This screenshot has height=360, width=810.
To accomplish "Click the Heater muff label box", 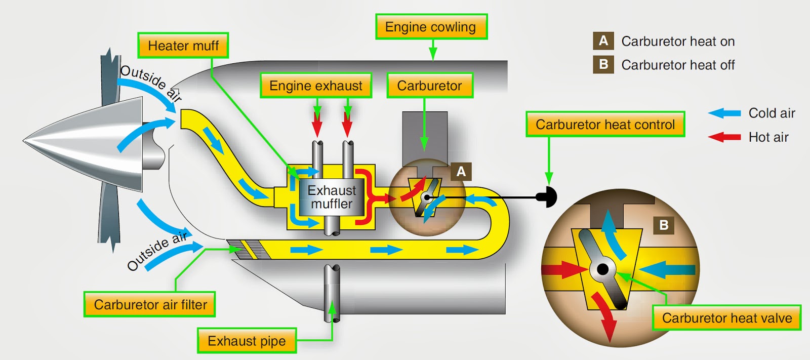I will click(183, 46).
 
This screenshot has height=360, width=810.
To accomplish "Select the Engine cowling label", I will click(431, 27).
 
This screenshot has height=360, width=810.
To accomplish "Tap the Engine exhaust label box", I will click(316, 86).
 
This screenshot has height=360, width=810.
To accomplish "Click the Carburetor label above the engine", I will click(429, 86).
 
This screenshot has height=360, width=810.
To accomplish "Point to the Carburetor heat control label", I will click(605, 125).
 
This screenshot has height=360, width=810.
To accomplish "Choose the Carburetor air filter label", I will click(150, 304).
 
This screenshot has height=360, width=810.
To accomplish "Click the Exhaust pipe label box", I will click(247, 341).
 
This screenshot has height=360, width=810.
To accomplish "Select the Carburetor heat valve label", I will click(726, 318).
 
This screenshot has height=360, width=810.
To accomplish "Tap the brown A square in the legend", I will click(603, 41).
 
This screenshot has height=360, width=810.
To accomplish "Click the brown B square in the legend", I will click(603, 65).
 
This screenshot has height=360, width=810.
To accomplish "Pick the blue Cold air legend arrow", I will click(724, 113).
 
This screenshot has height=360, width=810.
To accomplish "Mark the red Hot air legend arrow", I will click(724, 137).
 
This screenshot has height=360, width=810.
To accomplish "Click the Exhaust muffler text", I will click(332, 197).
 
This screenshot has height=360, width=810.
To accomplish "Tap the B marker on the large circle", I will click(664, 225).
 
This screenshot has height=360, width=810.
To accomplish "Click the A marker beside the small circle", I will click(461, 172).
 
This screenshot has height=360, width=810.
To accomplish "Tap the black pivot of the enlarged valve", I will click(602, 269).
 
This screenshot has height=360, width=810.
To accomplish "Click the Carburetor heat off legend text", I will click(677, 65).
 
